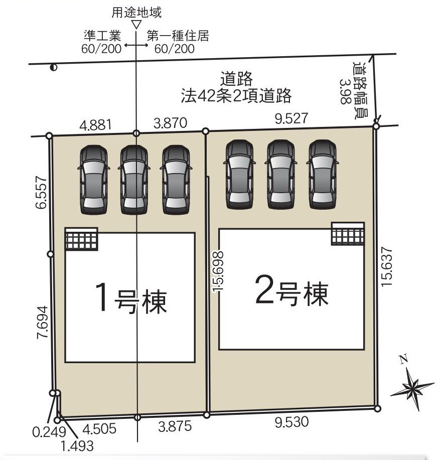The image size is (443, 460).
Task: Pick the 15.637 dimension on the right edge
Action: click(x=386, y=266)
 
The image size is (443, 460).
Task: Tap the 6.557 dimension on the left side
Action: click(x=42, y=192)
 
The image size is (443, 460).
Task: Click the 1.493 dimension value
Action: click(x=76, y=444)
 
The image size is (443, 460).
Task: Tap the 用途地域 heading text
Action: click(x=136, y=11)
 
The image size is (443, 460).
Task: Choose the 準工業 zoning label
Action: click(x=102, y=36)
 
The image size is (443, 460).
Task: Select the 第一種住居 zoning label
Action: click(x=178, y=36)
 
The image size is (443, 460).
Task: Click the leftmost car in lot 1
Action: click(x=93, y=178)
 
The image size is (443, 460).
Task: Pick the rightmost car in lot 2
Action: click(x=323, y=174)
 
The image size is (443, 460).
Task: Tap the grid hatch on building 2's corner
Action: click(x=348, y=234)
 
